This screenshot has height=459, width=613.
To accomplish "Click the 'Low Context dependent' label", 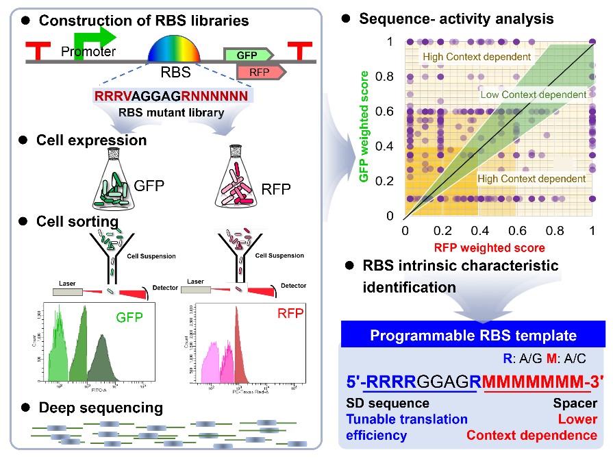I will coord(533,94).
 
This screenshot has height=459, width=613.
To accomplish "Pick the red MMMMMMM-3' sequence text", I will coord(541,381).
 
